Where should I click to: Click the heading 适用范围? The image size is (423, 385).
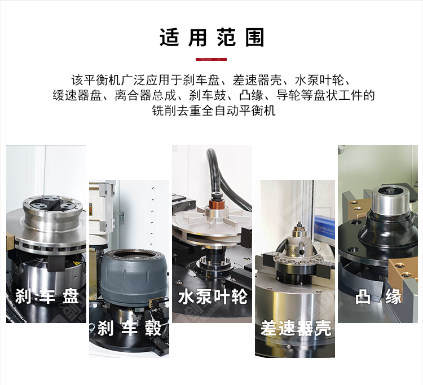pos(211,37)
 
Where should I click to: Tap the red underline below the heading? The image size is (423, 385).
pos(211,59)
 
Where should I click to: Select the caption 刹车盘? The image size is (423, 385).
pos(47,296)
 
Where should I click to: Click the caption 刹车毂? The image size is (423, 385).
pos(129,328)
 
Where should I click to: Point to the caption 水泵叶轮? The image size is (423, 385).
pos(212,297)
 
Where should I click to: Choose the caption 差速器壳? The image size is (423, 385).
pos(296,328)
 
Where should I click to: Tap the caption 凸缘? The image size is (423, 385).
pos(378,297)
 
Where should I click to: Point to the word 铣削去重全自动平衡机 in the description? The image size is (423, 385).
pos(214,110)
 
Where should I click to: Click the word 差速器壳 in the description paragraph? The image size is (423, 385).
pos(257,80)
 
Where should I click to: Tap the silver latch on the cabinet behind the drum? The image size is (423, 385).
pos(122,218)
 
